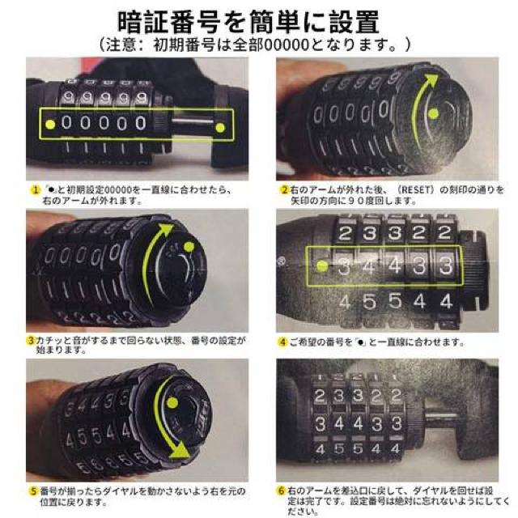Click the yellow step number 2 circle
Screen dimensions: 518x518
(285, 189)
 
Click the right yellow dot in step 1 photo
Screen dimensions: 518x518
(219, 126)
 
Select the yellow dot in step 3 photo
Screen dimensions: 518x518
(189, 248)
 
